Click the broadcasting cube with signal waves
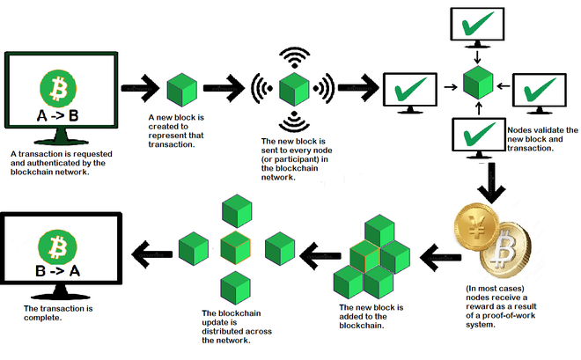[x=294, y=89]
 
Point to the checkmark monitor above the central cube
[x=476, y=28]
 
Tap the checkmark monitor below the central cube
[x=476, y=137]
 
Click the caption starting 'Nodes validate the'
[x=542, y=139]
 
